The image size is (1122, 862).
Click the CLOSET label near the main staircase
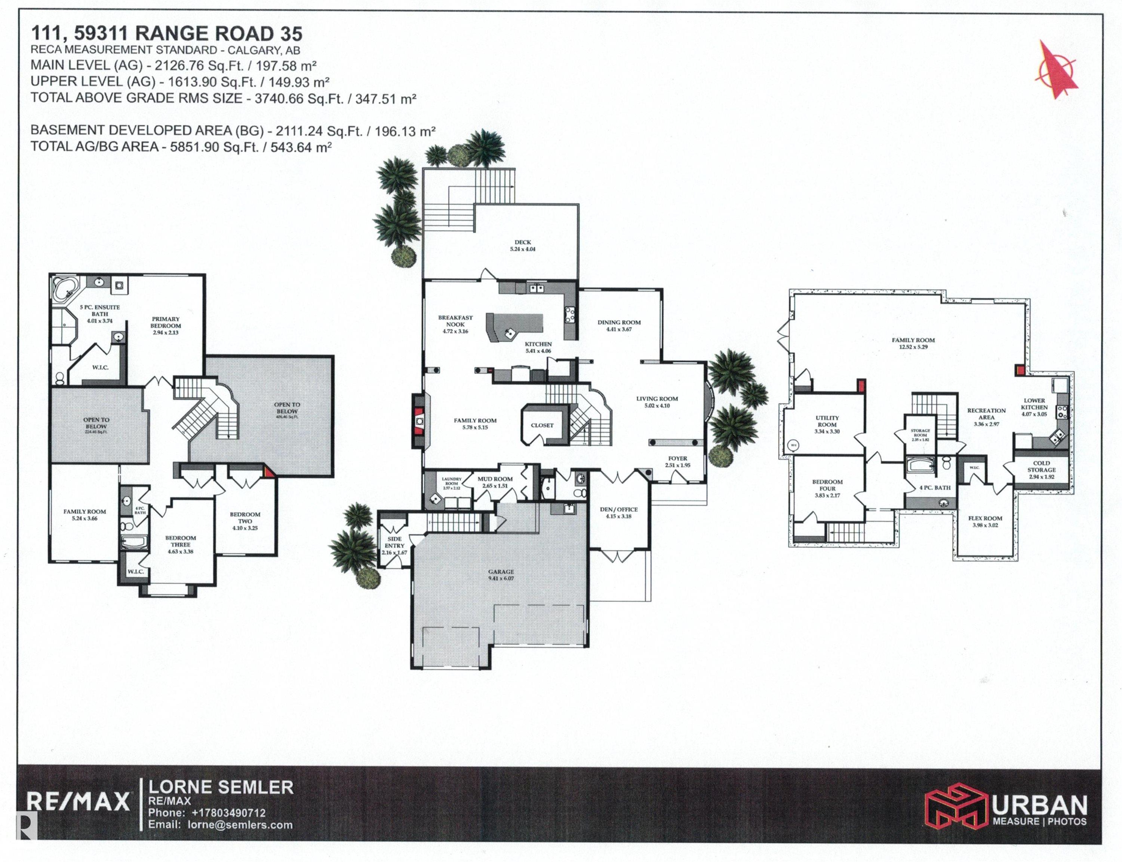coord(542,425)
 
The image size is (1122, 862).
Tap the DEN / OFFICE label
coord(618,513)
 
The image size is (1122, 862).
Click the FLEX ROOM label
coord(985,521)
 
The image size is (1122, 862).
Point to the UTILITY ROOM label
coord(827,424)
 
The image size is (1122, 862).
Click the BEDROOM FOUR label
coord(827,488)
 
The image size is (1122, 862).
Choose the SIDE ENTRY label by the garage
coord(394,545)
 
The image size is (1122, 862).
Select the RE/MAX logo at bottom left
coord(79,801)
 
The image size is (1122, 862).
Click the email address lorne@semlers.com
coord(240,825)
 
